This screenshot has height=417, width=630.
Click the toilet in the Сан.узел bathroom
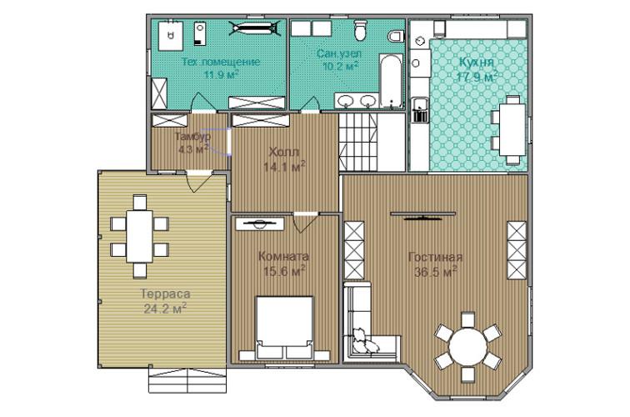360,30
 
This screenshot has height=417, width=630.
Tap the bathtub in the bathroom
391,81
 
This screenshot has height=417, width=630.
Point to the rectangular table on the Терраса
139,236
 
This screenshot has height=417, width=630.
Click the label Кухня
476,63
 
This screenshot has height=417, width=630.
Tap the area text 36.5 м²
436,272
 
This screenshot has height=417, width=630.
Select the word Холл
283,152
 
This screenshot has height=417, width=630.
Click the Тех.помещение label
221,62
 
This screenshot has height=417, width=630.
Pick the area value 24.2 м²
165,308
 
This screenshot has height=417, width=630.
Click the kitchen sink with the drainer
420,110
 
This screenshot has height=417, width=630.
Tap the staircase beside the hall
358,142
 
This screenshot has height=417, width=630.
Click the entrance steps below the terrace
187,380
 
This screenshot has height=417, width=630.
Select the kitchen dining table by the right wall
512,129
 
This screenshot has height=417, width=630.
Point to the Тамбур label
192,136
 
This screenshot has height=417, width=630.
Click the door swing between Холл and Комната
304,224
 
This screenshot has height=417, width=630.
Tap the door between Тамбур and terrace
200,180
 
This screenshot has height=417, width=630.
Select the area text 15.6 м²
283,270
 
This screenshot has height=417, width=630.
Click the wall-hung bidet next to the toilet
397,36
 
